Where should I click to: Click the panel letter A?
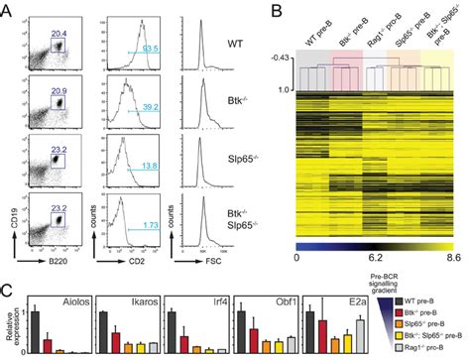[8, 9]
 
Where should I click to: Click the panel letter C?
[8, 294]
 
